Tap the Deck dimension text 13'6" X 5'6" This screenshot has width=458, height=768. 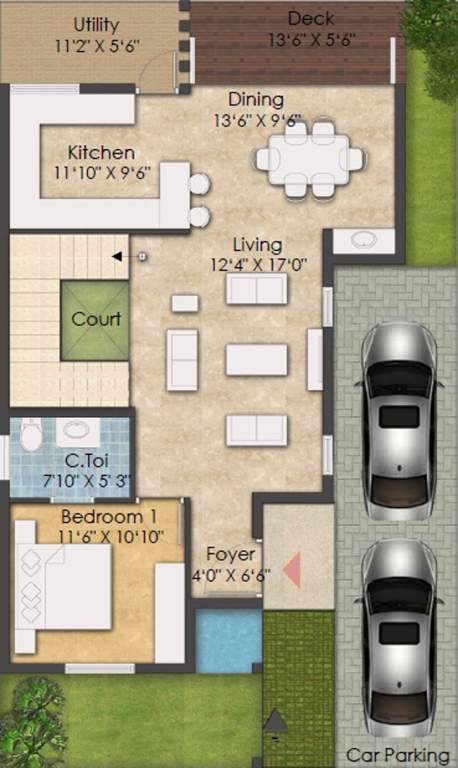point(311,40)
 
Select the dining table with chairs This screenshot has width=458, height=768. point(309,158)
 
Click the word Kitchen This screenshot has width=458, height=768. point(101,153)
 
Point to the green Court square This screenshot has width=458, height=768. point(95,320)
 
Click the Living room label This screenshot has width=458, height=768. point(257,244)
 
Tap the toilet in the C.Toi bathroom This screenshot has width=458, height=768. point(32,434)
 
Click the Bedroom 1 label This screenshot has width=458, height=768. point(108,517)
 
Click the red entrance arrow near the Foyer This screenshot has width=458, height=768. point(292,570)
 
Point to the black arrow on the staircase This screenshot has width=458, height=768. point(117,257)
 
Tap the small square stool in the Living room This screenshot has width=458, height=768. point(185,303)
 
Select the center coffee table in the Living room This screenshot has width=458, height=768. point(256,359)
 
